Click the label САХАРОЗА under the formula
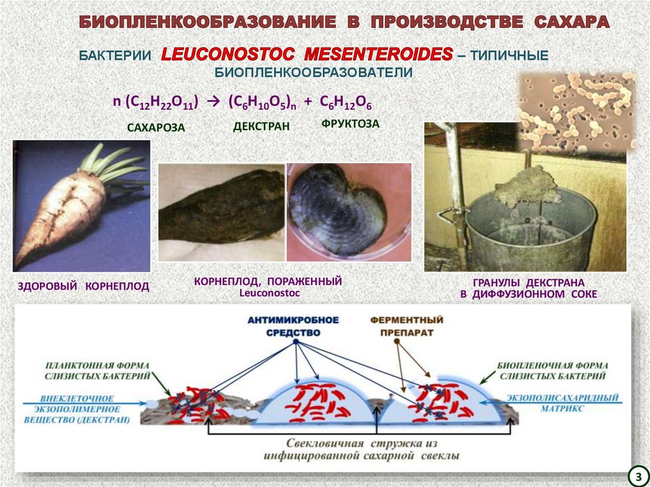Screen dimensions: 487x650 pos(156,128)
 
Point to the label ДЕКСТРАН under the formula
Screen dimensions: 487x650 pos(261,126)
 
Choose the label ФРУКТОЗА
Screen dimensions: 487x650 pos(350,124)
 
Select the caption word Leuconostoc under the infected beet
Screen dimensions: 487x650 pos(270,293)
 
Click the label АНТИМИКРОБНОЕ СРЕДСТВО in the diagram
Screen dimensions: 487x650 pos(294,326)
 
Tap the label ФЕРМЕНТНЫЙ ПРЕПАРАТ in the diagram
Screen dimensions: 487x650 pos(398,326)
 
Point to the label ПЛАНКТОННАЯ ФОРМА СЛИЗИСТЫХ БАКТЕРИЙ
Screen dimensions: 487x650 pos(98,371)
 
